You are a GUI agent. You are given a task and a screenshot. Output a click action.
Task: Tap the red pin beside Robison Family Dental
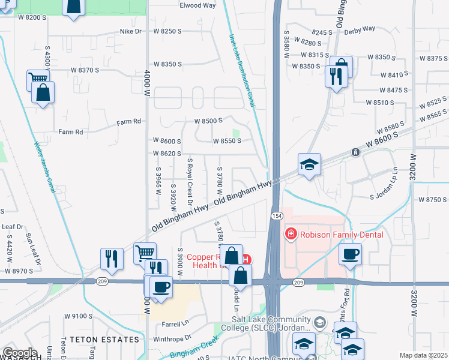coord(291,233)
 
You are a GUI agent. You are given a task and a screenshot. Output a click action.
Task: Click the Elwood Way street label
coord(197,5)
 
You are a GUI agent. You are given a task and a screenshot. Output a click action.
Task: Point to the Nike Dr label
coord(130,31)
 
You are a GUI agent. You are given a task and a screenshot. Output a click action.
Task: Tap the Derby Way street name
coord(360,28)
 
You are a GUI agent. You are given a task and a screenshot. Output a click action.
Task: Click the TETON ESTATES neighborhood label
coord(104,340)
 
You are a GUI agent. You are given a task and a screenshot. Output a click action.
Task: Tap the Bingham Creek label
coord(187,350)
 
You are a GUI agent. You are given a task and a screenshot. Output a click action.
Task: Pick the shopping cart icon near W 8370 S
coord(37,79)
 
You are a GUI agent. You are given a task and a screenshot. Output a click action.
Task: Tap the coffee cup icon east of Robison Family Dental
coord(351,254)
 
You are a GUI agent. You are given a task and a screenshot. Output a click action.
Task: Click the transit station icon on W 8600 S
coord(356,152)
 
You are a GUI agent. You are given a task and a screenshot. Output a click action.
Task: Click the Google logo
coord(19,353)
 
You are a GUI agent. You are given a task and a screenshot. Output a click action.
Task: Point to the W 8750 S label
coord(433,199)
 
